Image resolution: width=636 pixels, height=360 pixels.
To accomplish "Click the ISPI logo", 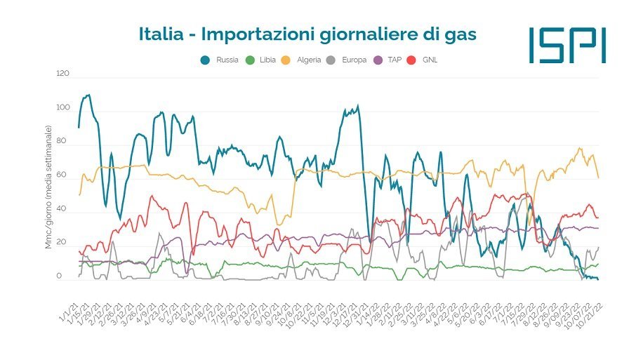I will pos(567,45).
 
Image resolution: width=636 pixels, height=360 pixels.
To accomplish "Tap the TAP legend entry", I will pos(391,60).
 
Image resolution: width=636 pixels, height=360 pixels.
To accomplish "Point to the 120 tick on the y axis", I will pos(63,73).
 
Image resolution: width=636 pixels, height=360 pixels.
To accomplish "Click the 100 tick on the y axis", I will pos(63,107).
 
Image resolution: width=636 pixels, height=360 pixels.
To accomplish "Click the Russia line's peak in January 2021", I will pos(87,95).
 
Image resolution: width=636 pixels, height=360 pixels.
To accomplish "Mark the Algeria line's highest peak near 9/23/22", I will pos(580,148).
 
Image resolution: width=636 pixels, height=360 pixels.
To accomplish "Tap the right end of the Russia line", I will pos(598,279).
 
